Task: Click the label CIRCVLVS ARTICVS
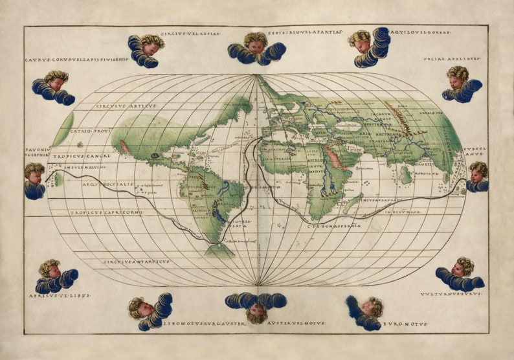click(126, 106)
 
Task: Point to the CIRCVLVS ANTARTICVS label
click(136, 262)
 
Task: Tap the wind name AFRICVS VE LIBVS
click(60, 295)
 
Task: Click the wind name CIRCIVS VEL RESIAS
click(190, 33)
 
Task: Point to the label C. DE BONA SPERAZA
click(333, 225)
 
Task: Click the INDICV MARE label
click(403, 212)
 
